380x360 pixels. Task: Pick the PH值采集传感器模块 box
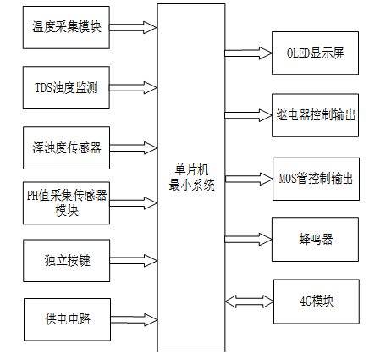[x=67, y=202]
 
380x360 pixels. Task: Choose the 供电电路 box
[x=67, y=319]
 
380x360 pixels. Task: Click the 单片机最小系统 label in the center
[x=191, y=178]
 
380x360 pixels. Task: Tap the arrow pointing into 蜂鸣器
[x=248, y=239]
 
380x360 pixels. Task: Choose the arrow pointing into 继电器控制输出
[x=248, y=114]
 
